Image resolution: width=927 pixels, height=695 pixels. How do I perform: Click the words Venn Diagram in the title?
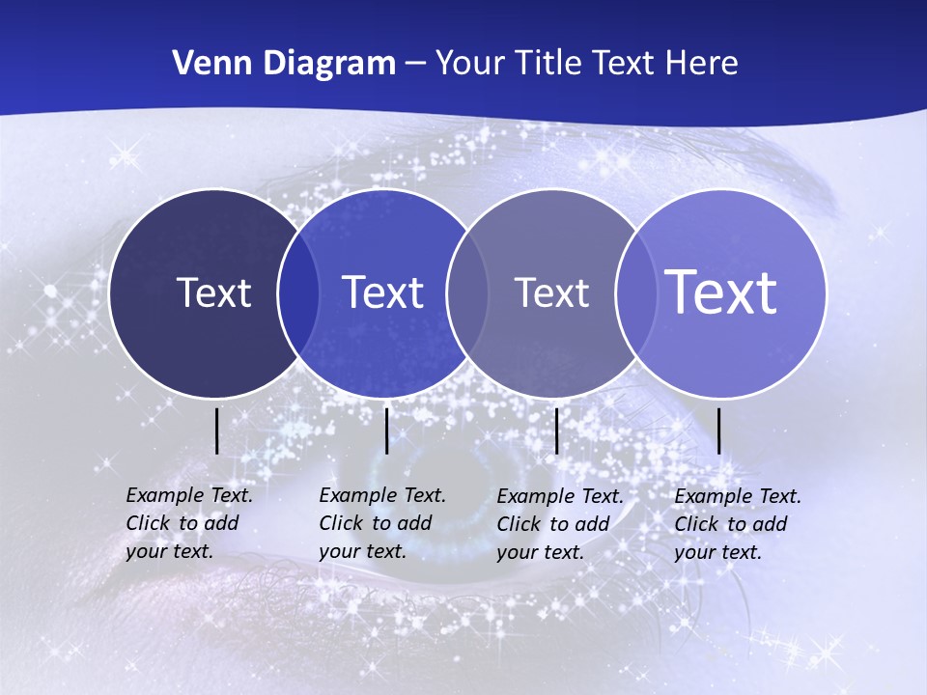[x=284, y=64]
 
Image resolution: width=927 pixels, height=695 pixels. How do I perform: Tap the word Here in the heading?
[x=701, y=64]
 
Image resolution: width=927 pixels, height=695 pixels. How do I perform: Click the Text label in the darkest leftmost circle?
[x=213, y=292]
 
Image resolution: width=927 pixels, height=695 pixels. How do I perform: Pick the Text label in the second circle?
[x=382, y=292]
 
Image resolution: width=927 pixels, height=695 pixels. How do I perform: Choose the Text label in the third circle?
[x=551, y=292]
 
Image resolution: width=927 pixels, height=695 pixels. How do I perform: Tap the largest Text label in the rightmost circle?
[x=721, y=292]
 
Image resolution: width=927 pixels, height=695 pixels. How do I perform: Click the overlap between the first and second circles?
[x=298, y=292]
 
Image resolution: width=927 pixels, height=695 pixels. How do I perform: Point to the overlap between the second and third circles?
[x=467, y=292]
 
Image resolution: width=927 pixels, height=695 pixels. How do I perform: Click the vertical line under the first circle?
[x=216, y=431]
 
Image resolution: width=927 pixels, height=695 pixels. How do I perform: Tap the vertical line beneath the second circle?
[x=386, y=431]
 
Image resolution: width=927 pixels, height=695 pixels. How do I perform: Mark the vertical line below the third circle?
[x=556, y=431]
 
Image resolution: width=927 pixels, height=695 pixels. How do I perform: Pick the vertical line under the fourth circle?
[x=718, y=431]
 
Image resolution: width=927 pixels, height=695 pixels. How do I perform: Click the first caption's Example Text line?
[x=189, y=495]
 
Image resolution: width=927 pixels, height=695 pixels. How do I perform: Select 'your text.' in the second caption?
[x=362, y=551]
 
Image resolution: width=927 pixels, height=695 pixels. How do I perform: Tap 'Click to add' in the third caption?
[x=553, y=524]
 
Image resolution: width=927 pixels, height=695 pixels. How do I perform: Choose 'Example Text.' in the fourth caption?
[x=738, y=496]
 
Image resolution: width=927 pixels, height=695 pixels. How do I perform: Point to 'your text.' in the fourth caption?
[x=717, y=552]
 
